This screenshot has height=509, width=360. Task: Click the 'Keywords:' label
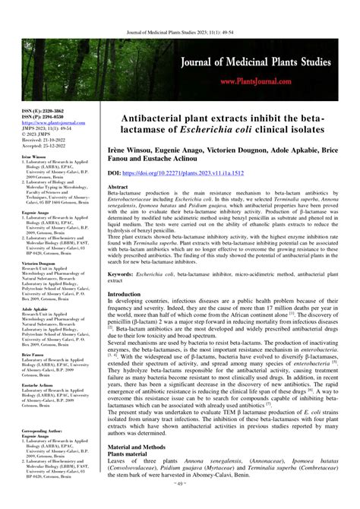(x=122, y=272)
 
